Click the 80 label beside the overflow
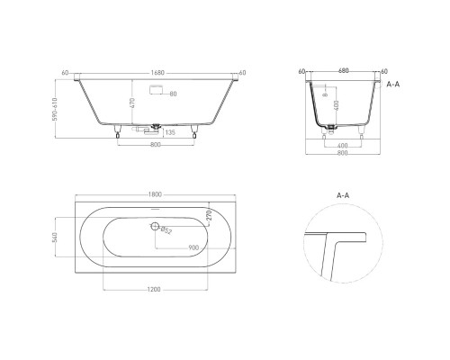tap(174, 93)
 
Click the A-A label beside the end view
tap(392, 82)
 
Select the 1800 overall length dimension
tap(155, 193)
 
